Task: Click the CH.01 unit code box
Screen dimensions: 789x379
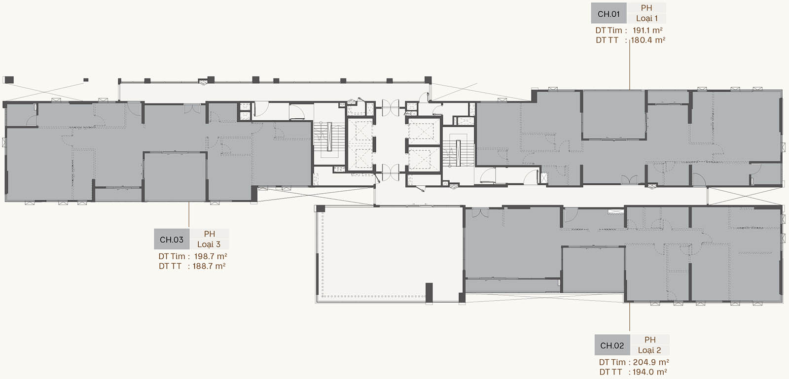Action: click(609, 13)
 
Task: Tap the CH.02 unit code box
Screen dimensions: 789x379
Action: click(612, 345)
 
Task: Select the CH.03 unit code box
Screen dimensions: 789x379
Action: click(172, 240)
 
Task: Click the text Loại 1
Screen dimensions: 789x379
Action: click(646, 18)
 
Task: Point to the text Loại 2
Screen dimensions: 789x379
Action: click(649, 350)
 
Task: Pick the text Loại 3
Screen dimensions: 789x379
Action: click(209, 244)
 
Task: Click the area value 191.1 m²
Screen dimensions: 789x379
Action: click(647, 30)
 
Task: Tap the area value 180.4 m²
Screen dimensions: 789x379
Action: click(648, 40)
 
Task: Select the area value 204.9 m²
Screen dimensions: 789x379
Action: click(651, 362)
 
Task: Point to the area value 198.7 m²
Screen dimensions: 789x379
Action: click(210, 256)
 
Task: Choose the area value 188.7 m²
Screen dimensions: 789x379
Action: click(209, 266)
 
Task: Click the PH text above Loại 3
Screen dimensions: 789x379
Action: click(209, 234)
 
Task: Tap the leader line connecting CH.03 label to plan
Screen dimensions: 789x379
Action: click(189, 215)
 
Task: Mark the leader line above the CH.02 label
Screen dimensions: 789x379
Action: click(630, 317)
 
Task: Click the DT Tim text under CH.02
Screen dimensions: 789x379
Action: click(612, 362)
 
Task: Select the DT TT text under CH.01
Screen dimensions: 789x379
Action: click(607, 40)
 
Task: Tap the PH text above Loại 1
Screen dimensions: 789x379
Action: click(646, 8)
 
